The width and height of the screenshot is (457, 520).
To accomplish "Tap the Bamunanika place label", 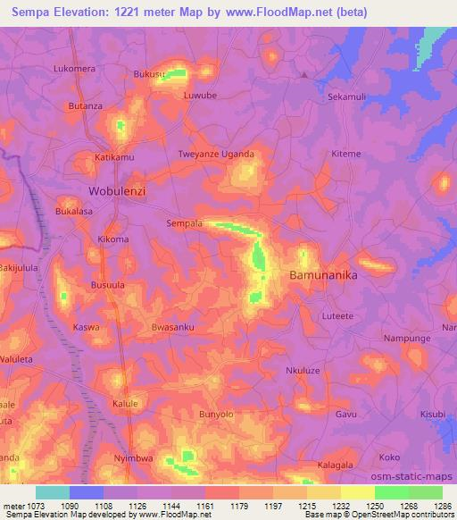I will tap(323, 276).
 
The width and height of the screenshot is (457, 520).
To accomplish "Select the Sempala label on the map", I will tap(185, 223).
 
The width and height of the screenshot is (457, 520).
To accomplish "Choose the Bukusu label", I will tap(149, 74).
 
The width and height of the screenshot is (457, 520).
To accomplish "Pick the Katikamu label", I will tap(114, 158).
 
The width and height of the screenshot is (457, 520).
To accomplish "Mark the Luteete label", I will tap(337, 315).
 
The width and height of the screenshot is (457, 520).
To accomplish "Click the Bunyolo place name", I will tap(215, 415).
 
